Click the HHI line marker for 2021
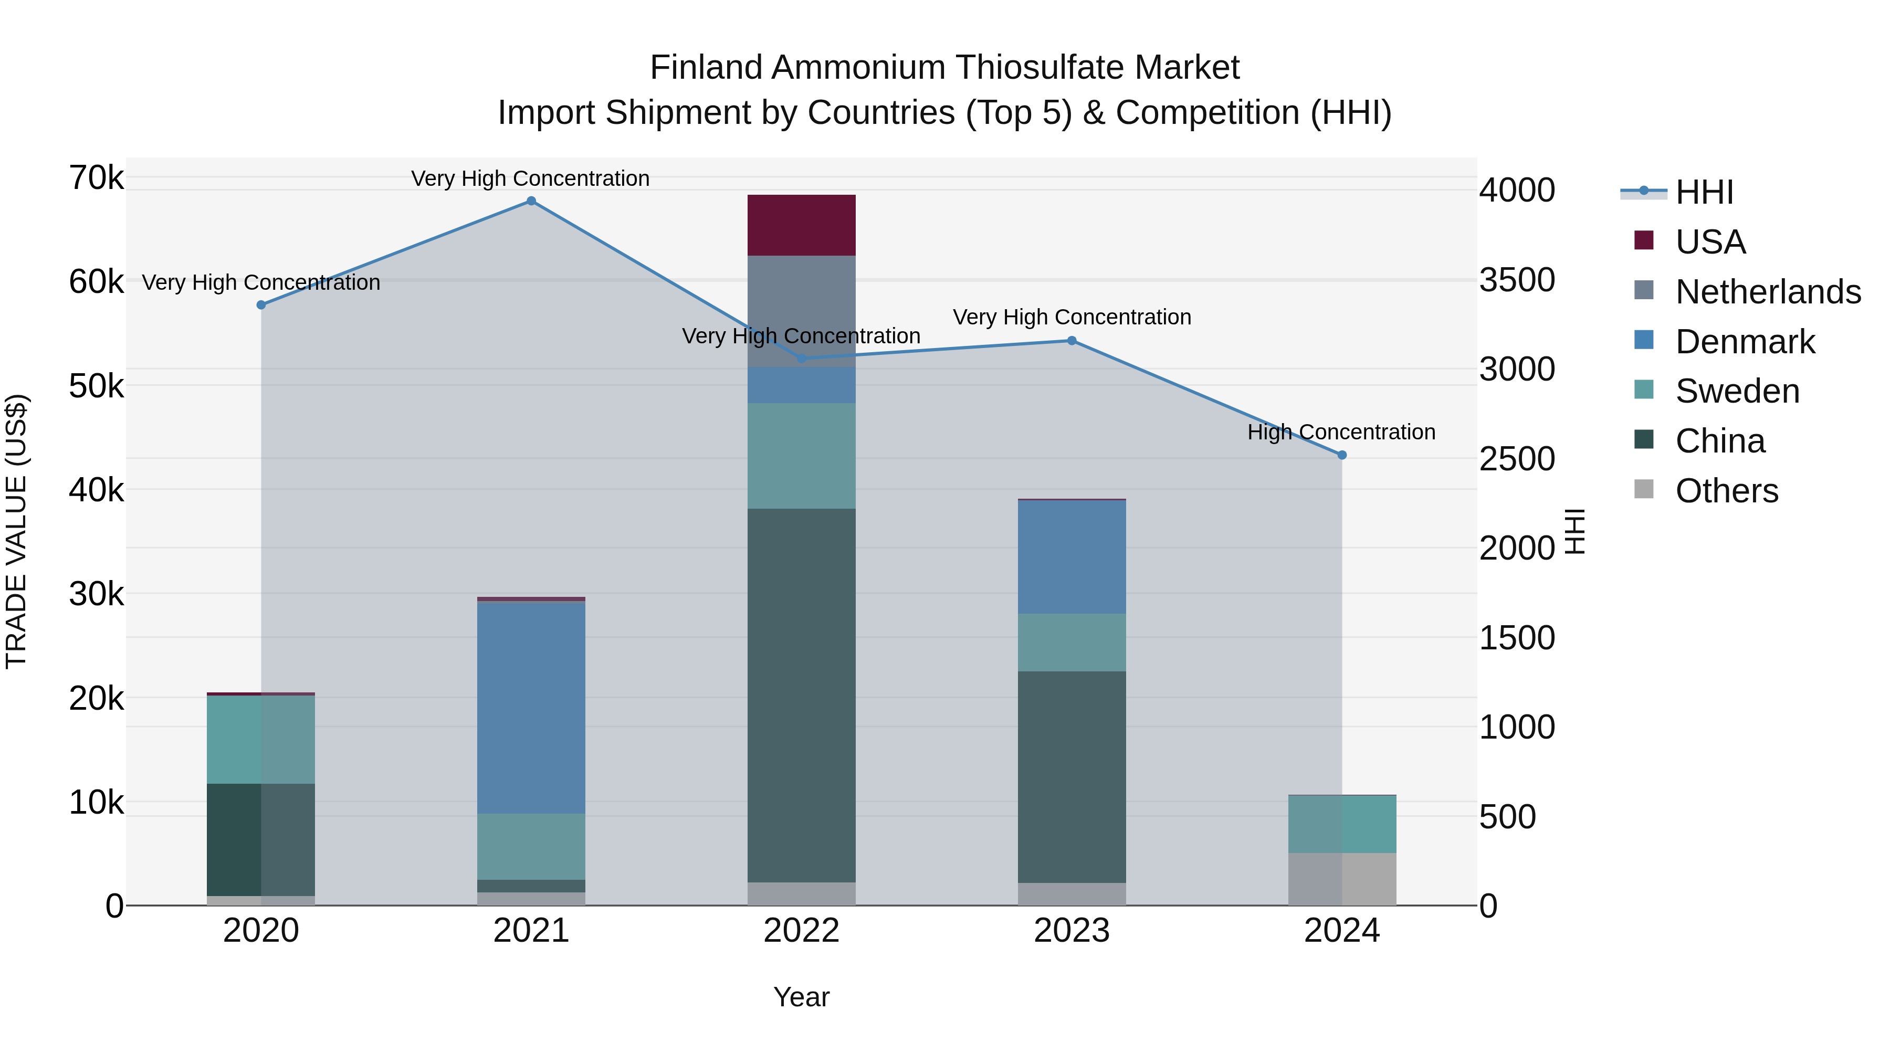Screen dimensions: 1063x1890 531,201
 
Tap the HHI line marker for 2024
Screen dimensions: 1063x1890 1342,455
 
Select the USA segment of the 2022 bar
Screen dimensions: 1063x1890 801,225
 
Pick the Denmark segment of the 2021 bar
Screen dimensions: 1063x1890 531,707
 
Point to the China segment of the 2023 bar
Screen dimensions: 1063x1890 1071,776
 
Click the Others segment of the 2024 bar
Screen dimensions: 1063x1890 1342,879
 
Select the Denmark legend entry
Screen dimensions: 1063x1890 1745,342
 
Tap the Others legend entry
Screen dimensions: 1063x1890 1726,491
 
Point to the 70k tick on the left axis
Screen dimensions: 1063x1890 96,177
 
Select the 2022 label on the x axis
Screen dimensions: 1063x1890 801,931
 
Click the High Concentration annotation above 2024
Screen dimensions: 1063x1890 1341,432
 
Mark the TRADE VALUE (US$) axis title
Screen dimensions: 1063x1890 16,531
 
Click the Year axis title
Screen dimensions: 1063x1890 801,997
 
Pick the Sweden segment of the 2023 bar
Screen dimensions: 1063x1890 1071,642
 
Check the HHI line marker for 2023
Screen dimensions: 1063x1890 1071,340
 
